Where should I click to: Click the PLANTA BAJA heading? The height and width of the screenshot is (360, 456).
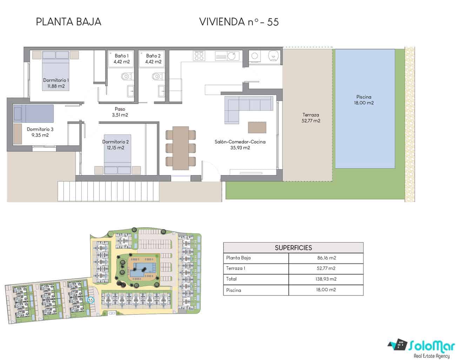68,22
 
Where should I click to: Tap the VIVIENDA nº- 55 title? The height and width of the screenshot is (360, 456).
239,22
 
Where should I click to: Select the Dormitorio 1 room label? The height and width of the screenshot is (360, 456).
56,80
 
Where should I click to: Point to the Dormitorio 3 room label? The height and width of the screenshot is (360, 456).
40,129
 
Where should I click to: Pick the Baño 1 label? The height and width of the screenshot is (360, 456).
121,56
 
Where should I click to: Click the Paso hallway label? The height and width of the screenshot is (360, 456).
120,109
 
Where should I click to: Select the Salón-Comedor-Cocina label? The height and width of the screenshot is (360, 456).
240,142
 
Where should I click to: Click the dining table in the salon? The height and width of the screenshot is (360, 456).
181,148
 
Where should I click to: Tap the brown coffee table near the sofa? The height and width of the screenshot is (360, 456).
257,127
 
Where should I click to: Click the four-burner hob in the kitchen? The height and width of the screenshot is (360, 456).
199,55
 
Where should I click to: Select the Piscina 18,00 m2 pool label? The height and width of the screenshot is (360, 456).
364,100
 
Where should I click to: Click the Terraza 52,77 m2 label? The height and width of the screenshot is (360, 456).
311,118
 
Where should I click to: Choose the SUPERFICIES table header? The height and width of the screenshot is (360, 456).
293,248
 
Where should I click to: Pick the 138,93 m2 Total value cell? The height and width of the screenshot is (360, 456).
326,279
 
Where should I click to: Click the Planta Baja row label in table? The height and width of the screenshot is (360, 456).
239,258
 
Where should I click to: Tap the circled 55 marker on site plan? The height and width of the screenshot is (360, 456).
91,300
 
